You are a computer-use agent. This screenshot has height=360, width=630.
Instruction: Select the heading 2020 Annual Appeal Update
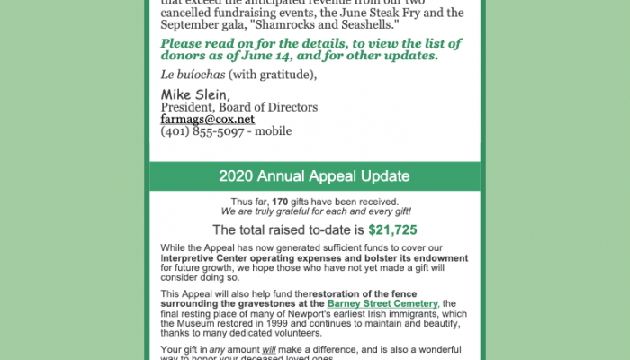coord(314,175)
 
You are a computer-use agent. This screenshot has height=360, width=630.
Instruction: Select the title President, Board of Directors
coord(226,107)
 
